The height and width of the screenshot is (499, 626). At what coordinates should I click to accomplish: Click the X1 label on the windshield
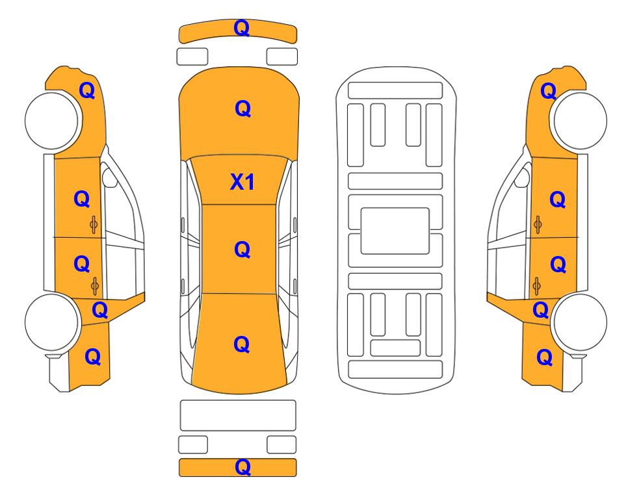pyautogui.click(x=242, y=182)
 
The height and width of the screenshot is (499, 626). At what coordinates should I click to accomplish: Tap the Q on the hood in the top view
pyautogui.click(x=242, y=109)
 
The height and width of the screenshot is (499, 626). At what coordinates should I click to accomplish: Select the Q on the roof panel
pyautogui.click(x=242, y=249)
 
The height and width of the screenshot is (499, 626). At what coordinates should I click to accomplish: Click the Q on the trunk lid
pyautogui.click(x=242, y=344)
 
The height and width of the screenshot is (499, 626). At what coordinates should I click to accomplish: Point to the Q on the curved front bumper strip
pyautogui.click(x=242, y=28)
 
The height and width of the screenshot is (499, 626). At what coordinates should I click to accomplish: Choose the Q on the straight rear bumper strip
pyautogui.click(x=242, y=467)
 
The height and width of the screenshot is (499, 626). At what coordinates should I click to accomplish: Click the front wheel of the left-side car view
pyautogui.click(x=51, y=121)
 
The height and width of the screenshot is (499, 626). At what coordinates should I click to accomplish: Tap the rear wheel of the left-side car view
pyautogui.click(x=51, y=322)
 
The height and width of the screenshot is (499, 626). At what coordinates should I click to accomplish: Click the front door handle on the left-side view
pyautogui.click(x=94, y=225)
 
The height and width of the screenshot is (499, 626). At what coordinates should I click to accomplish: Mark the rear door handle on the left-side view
pyautogui.click(x=95, y=286)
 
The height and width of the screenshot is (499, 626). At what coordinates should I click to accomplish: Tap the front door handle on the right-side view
pyautogui.click(x=538, y=225)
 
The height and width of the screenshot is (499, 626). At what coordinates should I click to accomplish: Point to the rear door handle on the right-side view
pyautogui.click(x=537, y=286)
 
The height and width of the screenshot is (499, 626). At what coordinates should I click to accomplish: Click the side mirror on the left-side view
pyautogui.click(x=109, y=177)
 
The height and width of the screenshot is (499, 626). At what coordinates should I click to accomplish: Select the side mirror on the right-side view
pyautogui.click(x=522, y=177)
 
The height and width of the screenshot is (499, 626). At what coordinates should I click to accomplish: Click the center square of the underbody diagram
pyautogui.click(x=395, y=231)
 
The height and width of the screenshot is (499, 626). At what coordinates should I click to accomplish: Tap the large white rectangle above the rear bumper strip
pyautogui.click(x=238, y=415)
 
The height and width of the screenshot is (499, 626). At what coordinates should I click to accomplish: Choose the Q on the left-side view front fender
pyautogui.click(x=87, y=90)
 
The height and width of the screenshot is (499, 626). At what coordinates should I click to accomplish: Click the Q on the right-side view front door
pyautogui.click(x=557, y=199)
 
